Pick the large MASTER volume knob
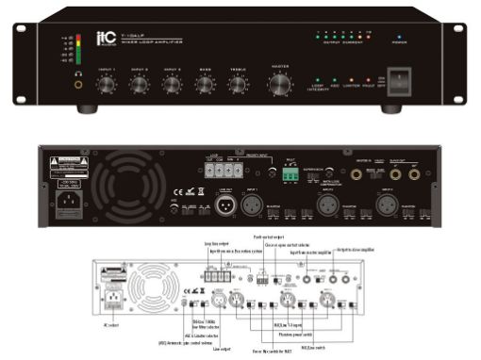pos(280,86)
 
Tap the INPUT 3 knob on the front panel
pos(172,86)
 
